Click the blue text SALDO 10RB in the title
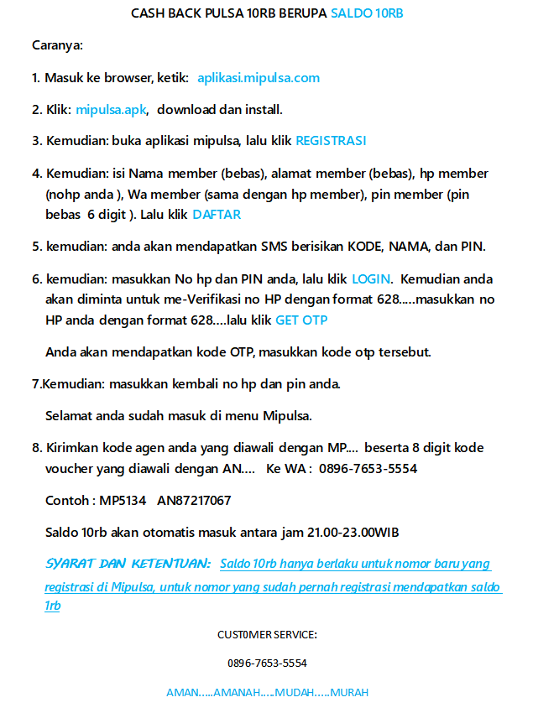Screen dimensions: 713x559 pos(367,14)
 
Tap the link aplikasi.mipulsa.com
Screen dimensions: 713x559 pos(259,78)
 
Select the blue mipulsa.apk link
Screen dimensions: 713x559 pos(112,109)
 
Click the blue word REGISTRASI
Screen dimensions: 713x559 pos(331,141)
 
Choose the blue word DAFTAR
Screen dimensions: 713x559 pos(217,214)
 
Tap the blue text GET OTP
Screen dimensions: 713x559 pos(301,320)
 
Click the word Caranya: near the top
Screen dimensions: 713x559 pos(57,45)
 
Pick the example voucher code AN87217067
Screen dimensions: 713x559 pos(194,501)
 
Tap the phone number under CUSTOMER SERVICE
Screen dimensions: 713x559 pos(267,663)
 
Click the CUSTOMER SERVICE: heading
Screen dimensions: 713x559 pos(267,635)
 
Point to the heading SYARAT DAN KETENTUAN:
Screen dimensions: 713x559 pos(128,564)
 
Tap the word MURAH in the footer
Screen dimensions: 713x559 pos(349,693)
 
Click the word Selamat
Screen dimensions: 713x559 pos(69,415)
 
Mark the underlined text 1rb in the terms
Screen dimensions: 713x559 pos(53,606)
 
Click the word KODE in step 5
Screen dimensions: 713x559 pos(367,247)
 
